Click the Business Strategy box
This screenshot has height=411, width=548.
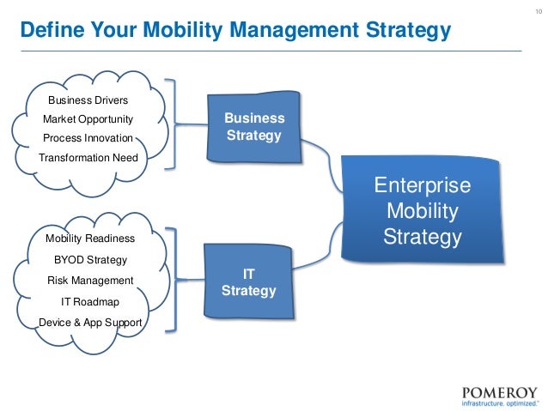253,128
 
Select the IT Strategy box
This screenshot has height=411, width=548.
248,282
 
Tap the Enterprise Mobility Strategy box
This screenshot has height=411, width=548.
423,209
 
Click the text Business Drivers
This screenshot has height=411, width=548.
88,100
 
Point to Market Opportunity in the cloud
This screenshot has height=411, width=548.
88,118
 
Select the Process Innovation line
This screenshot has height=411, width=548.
88,137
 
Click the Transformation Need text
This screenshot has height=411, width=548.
88,157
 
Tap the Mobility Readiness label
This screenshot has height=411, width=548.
89,239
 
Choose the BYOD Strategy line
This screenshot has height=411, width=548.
90,259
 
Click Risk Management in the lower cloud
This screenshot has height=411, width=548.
90,280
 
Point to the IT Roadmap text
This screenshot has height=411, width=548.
89,301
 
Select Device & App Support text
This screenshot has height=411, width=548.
90,323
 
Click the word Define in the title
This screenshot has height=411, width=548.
49,32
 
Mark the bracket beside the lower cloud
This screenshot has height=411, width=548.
174,280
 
